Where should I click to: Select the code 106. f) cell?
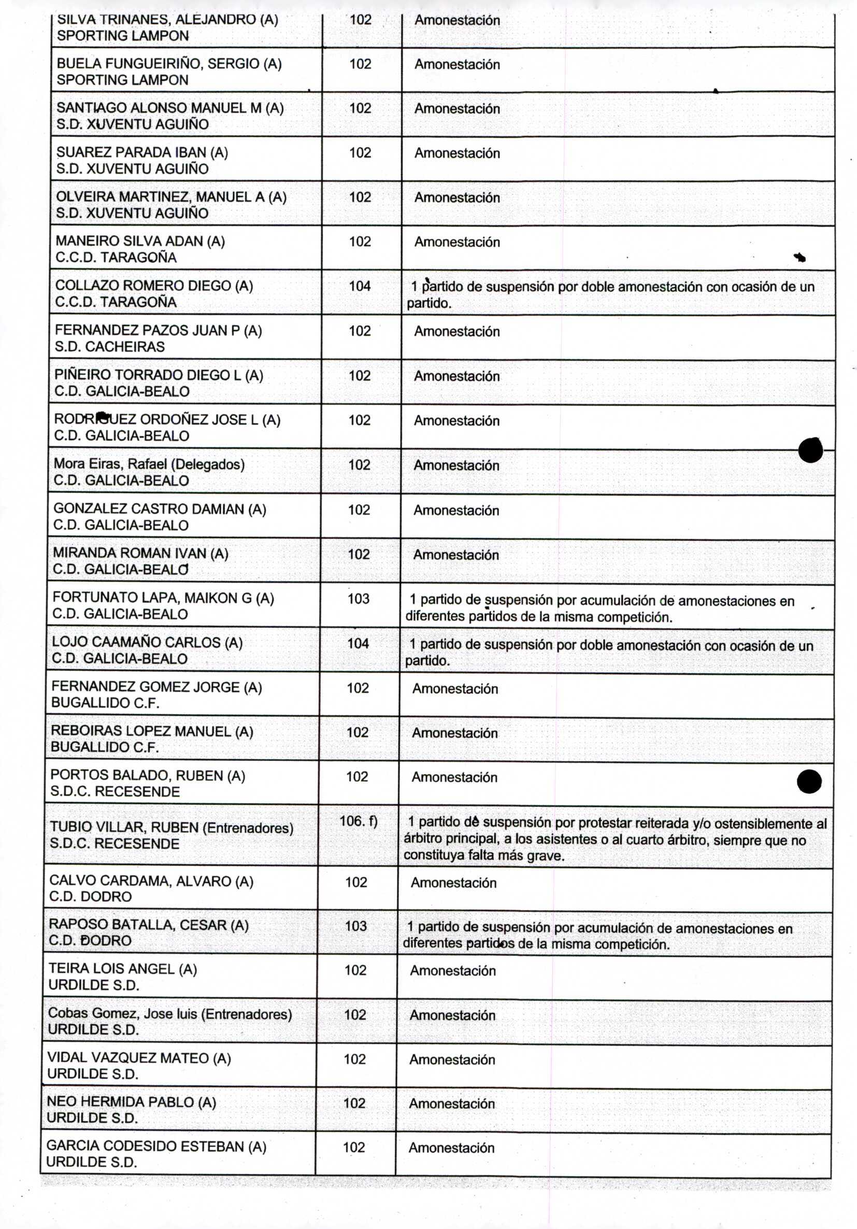pyautogui.click(x=358, y=821)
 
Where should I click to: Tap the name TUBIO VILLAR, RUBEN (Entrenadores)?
pyautogui.click(x=171, y=828)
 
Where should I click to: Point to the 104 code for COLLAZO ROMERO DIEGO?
pyautogui.click(x=360, y=286)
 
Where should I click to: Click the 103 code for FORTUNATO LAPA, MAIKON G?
pyautogui.click(x=359, y=599)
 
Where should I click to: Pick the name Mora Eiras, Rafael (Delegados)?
pyautogui.click(x=149, y=464)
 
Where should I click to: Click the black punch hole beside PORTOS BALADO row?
pyautogui.click(x=809, y=782)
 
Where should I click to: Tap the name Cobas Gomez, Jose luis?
pyautogui.click(x=169, y=1013)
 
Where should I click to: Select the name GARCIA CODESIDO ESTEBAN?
pyautogui.click(x=155, y=1146)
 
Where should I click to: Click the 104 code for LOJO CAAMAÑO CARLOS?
pyautogui.click(x=358, y=643)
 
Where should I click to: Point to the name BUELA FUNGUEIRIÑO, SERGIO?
pyautogui.click(x=169, y=64)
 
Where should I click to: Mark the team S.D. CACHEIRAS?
pyautogui.click(x=109, y=347)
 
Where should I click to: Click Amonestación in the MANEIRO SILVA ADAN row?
pyautogui.click(x=457, y=242)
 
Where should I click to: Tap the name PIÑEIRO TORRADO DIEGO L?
pyautogui.click(x=159, y=375)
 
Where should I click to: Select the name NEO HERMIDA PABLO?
pyautogui.click(x=131, y=1102)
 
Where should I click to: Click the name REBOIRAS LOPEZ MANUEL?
pyautogui.click(x=152, y=731)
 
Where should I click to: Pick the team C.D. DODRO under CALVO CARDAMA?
pyautogui.click(x=90, y=897)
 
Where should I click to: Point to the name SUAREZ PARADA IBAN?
pyautogui.click(x=142, y=152)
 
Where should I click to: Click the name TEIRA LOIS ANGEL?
pyautogui.click(x=122, y=969)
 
